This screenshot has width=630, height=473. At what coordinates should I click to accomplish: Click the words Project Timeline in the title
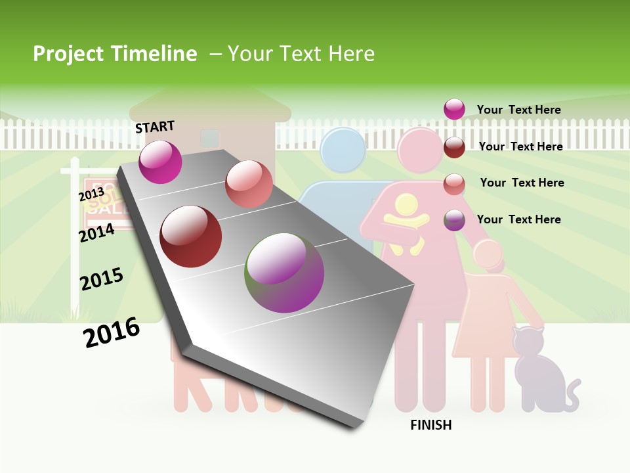[x=115, y=54]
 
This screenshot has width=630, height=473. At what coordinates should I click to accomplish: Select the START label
[x=155, y=127]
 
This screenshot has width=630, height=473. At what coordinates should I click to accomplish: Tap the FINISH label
[x=431, y=425]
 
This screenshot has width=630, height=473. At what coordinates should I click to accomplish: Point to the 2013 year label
[x=91, y=194]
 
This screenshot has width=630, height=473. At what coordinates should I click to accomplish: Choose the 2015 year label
[x=102, y=279]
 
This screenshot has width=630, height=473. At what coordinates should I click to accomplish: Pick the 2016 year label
[x=112, y=332]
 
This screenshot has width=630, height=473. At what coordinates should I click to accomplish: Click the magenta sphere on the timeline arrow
[x=160, y=162]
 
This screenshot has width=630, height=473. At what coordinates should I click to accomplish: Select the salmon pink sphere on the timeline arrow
[x=249, y=184]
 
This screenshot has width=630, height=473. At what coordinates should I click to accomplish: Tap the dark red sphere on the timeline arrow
[x=191, y=236]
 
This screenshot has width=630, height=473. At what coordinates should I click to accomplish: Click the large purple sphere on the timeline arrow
[x=285, y=272]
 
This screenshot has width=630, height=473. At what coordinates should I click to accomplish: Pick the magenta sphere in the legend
[x=454, y=109]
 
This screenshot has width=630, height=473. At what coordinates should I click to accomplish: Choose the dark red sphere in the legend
[x=454, y=147]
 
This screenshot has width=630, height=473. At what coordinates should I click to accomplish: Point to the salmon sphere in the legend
[x=454, y=184]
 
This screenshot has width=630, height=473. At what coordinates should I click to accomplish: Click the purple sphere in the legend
[x=454, y=220]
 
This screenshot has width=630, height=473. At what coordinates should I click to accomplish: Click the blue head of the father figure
[x=343, y=149]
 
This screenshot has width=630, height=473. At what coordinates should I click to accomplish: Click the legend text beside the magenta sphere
[x=518, y=110]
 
